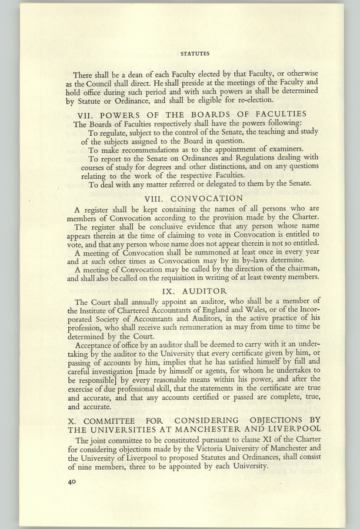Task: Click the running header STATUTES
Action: pyautogui.click(x=195, y=53)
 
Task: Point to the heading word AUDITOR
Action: pyautogui.click(x=204, y=291)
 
